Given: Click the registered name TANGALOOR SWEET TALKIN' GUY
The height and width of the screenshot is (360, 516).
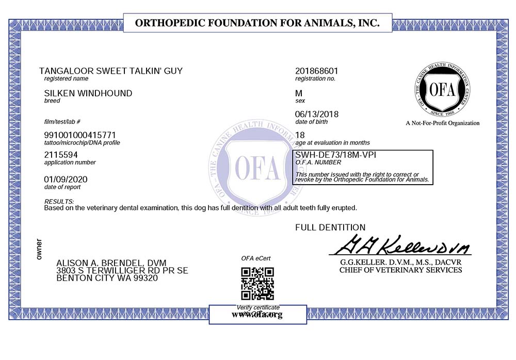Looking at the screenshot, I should pyautogui.click(x=111, y=71).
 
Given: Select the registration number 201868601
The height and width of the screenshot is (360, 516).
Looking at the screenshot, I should pyautogui.click(x=317, y=71).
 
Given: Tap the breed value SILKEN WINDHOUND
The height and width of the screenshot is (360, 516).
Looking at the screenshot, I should pyautogui.click(x=89, y=93).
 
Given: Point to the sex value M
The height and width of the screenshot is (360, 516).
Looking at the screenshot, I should pyautogui.click(x=298, y=93).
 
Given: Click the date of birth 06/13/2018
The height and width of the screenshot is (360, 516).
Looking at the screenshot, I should pyautogui.click(x=316, y=114).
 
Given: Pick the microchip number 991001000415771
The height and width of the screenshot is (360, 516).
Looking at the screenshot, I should pyautogui.click(x=84, y=135).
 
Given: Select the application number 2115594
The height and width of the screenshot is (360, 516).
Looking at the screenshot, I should pyautogui.click(x=61, y=154).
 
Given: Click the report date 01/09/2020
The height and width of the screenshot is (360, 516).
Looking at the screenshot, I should pyautogui.click(x=67, y=179).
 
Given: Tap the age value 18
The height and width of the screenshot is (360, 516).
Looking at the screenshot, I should pyautogui.click(x=300, y=135).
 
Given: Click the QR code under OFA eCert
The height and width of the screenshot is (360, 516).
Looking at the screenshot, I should pyautogui.click(x=257, y=284).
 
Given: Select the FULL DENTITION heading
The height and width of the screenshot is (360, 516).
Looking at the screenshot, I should pyautogui.click(x=330, y=227).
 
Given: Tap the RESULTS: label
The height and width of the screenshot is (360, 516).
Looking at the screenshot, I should pyautogui.click(x=59, y=201).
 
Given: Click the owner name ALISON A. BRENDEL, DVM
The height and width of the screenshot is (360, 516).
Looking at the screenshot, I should pyautogui.click(x=111, y=263).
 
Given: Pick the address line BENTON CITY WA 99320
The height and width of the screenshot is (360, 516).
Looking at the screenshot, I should pyautogui.click(x=107, y=278).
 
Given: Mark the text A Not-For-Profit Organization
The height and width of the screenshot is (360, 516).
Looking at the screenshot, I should pyautogui.click(x=442, y=123).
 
